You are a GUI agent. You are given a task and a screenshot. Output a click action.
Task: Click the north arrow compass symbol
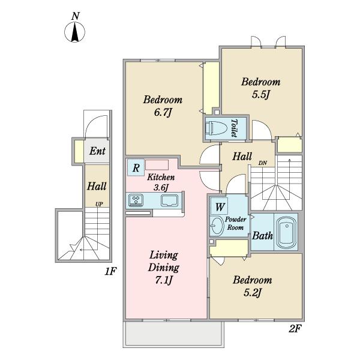pyautogui.click(x=74, y=32)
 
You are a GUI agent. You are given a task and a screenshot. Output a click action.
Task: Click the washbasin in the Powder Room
pyautogui.click(x=217, y=226)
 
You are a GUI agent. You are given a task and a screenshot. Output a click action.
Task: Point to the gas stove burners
pyautogui.click(x=136, y=200)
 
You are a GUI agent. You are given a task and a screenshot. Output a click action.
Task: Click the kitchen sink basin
pyautogui.click(x=169, y=200)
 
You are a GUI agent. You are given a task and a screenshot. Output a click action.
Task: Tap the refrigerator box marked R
pyautogui.click(x=136, y=168)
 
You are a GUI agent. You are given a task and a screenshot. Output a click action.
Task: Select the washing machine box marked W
pyautogui.click(x=220, y=206)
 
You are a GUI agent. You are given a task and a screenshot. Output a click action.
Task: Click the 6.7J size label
pyautogui.click(x=163, y=113)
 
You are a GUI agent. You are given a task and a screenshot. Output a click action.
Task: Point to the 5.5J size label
pyautogui.click(x=260, y=94)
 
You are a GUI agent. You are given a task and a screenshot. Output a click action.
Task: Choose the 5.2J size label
pyautogui.click(x=253, y=293)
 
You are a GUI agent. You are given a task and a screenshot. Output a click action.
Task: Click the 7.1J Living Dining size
pyautogui.click(x=164, y=280)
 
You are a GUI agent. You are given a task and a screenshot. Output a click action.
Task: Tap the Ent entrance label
pyautogui.click(x=97, y=151)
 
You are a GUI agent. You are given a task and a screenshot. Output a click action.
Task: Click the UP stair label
pyautogui.click(x=99, y=204)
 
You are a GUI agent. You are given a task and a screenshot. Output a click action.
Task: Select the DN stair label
pyautogui.click(x=263, y=163)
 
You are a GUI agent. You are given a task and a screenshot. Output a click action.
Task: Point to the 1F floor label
pyautogui.click(x=110, y=271)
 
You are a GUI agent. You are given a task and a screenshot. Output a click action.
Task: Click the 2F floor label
pyautogui.click(x=295, y=329)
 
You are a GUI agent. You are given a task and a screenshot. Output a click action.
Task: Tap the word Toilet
pyautogui.click(x=234, y=128)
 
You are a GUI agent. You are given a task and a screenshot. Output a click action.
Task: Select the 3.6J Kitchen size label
pyautogui.click(x=161, y=188)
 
